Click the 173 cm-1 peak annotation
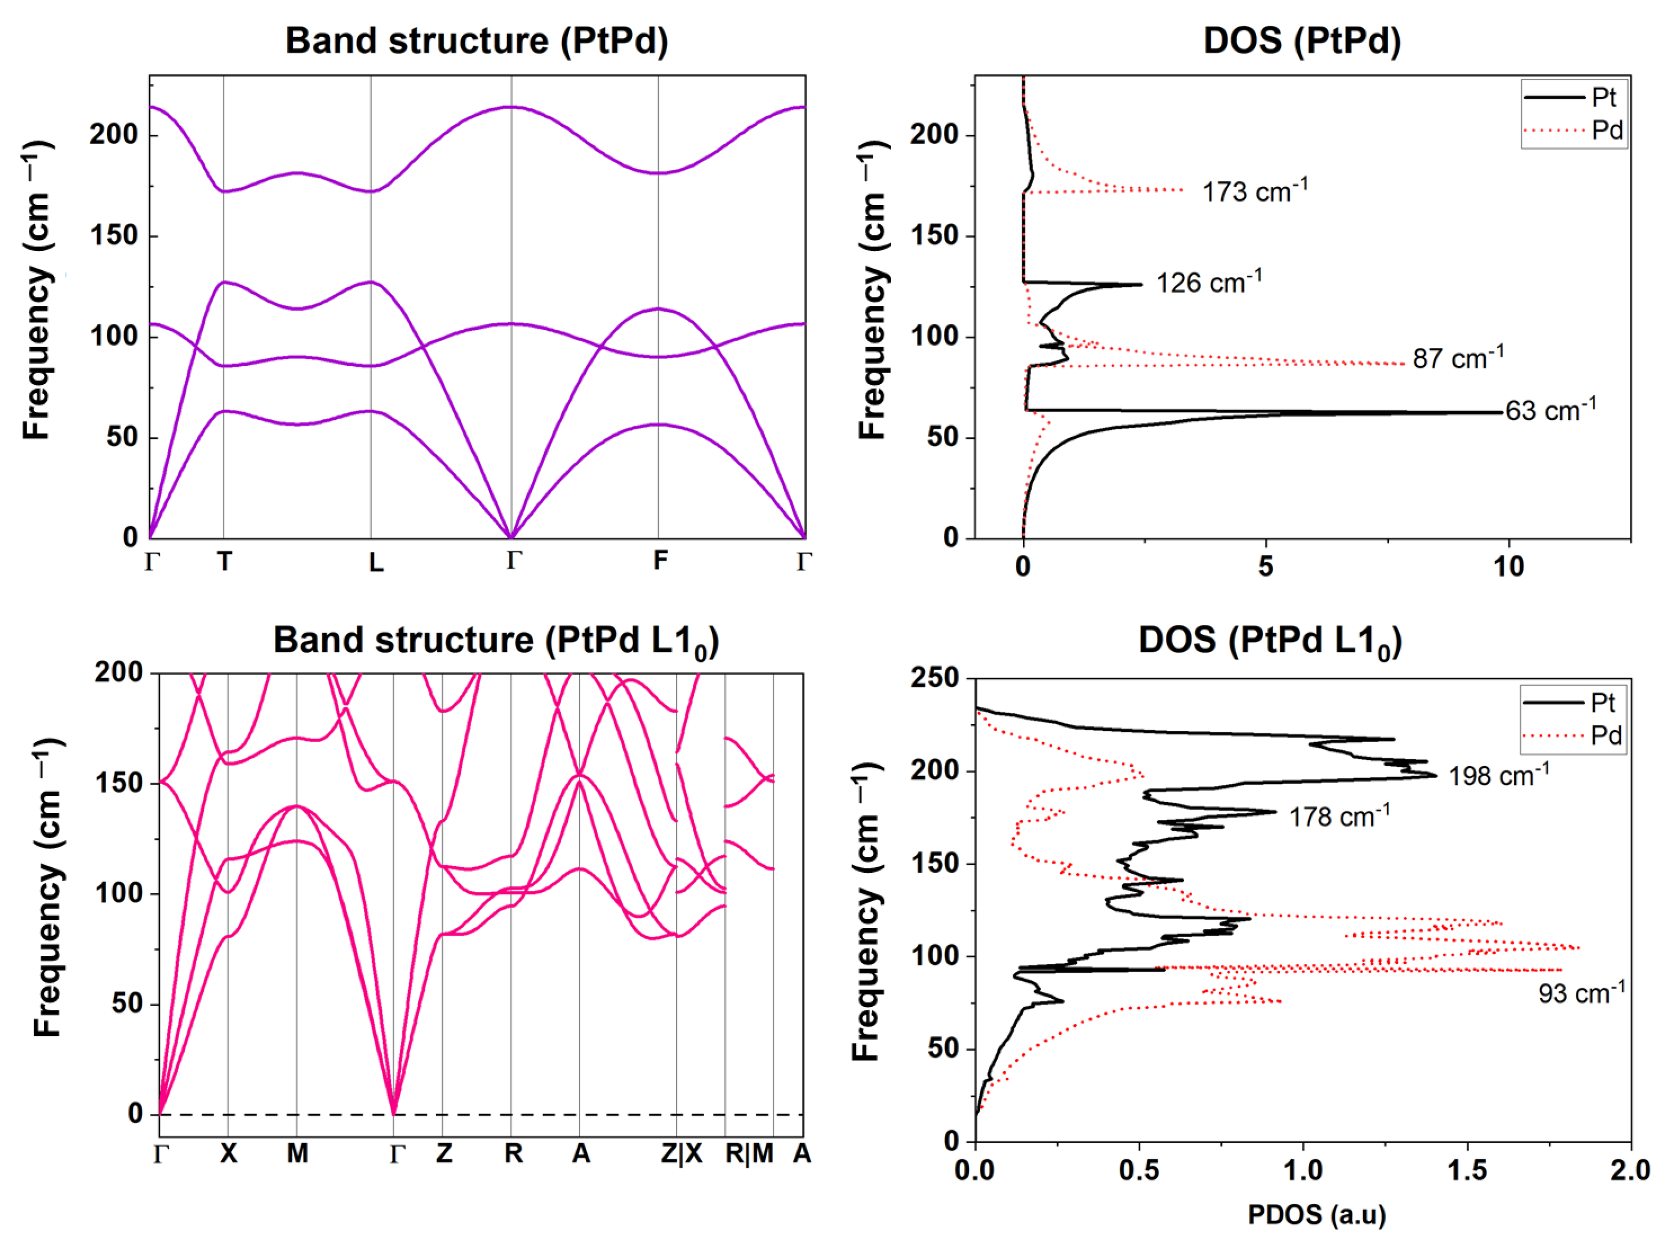(x=1254, y=191)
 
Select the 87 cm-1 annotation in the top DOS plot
(x=1457, y=358)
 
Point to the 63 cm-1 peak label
(x=1550, y=410)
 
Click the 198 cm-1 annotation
(x=1499, y=775)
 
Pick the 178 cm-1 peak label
(x=1339, y=816)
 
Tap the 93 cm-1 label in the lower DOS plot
(x=1580, y=992)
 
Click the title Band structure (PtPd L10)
(x=496, y=641)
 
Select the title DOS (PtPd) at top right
(x=1301, y=41)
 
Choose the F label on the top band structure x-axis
(x=659, y=560)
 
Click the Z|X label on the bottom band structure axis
(x=682, y=1153)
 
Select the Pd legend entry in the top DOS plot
(x=1606, y=130)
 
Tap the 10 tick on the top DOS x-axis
(x=1508, y=566)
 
